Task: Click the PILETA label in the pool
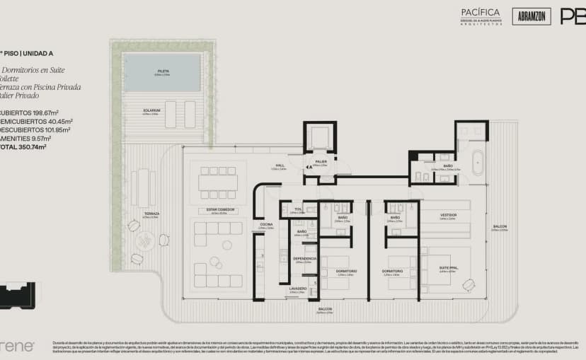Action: point(162,71)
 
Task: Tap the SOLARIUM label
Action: point(151,110)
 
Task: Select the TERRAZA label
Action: point(151,214)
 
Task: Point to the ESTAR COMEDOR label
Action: point(218,210)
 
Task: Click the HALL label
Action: point(260,166)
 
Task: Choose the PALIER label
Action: point(321,162)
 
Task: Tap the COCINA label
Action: point(266,225)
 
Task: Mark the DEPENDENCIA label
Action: point(304,259)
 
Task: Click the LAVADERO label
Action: point(297,289)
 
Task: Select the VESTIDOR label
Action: point(448,214)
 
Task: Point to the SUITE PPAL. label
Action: point(447,269)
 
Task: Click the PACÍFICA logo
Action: point(481,13)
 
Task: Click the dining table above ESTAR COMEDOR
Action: point(218,182)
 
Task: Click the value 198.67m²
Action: point(42,113)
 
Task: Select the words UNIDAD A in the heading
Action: point(38,52)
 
